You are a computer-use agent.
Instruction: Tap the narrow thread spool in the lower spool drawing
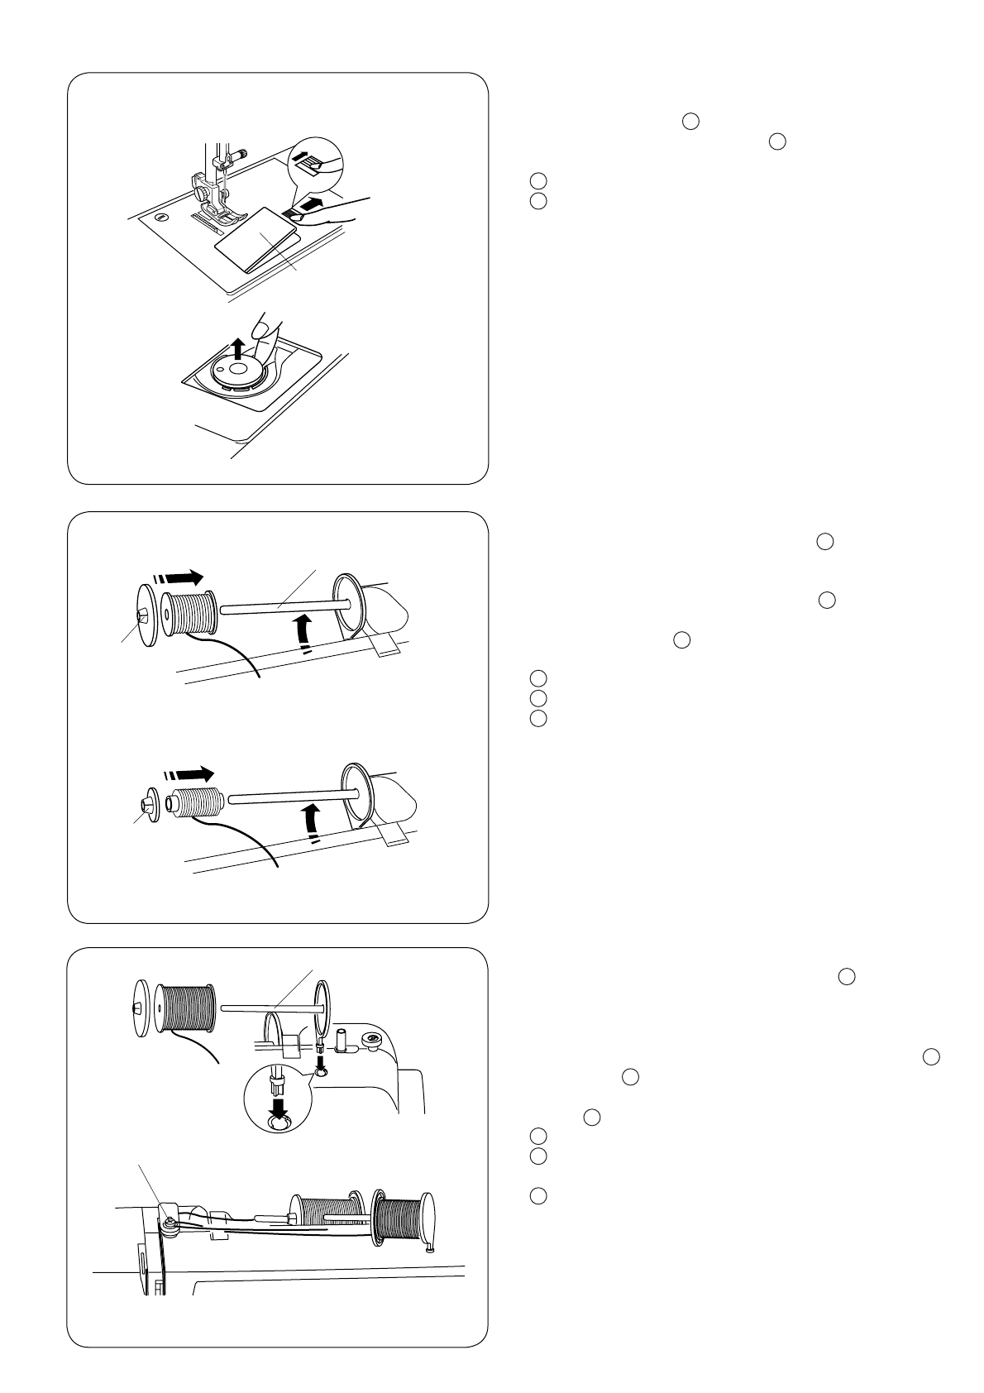(194, 803)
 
